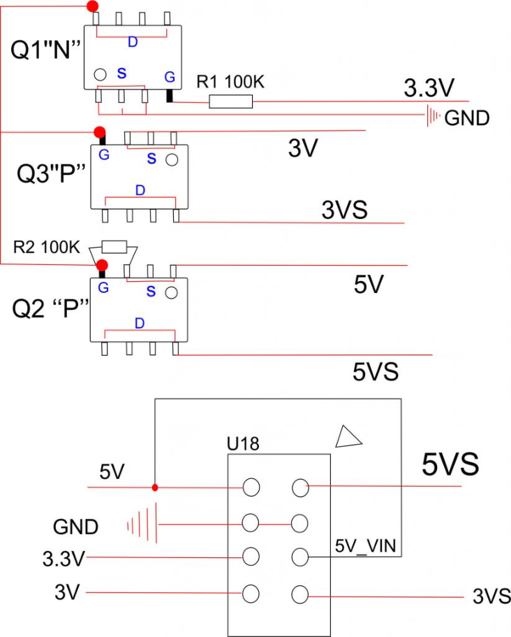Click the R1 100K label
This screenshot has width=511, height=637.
231,82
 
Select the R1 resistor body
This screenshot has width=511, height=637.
231,102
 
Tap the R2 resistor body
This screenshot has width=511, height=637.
114,247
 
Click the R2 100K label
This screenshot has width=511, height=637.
47,248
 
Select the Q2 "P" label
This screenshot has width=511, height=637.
51,307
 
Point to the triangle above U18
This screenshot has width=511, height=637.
349,437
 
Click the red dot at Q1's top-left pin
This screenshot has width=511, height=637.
93,7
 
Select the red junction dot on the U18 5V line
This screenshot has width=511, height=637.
154,488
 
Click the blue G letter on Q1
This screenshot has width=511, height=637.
170,76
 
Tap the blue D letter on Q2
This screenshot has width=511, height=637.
139,323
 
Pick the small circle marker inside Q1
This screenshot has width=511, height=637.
99,75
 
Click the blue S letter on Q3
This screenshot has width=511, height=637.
151,158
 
